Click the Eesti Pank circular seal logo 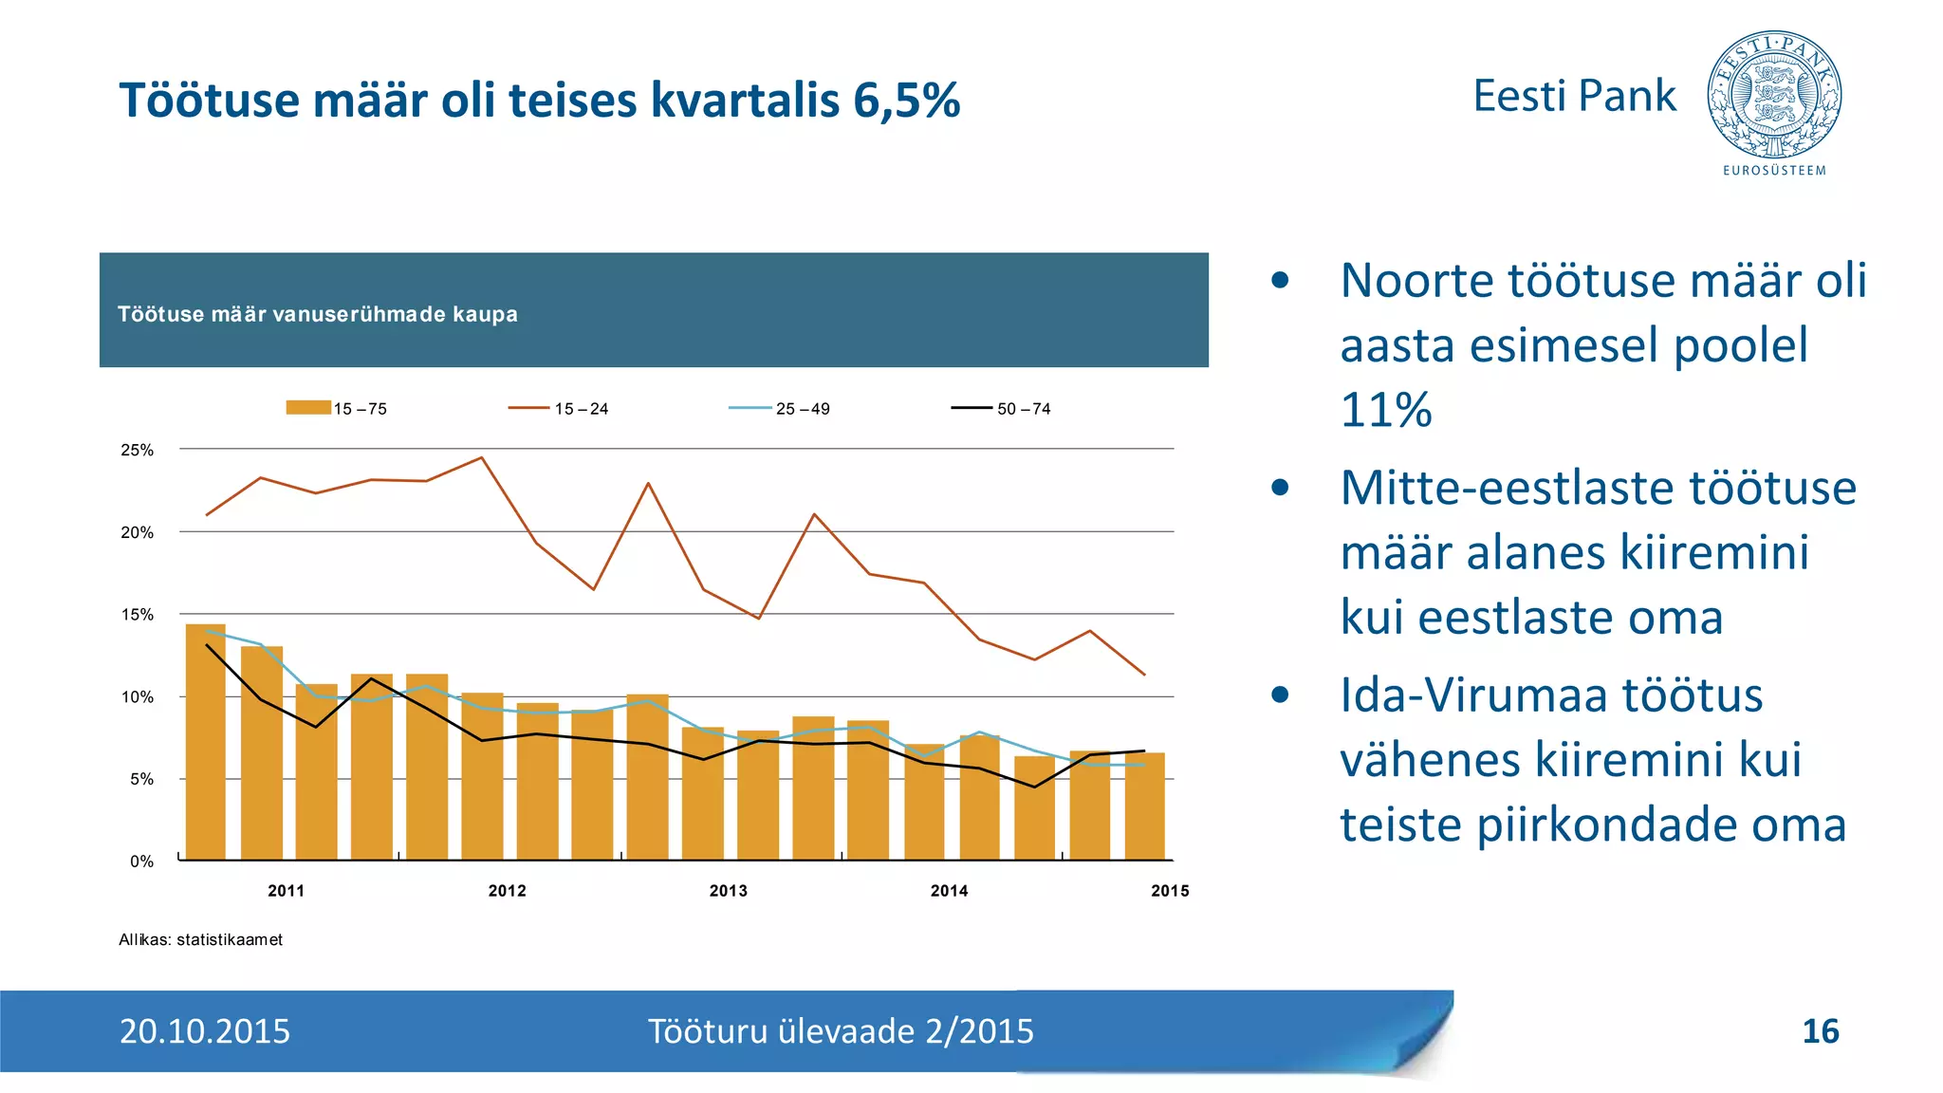coord(1773,95)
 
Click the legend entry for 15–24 coord(559,409)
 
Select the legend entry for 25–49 coord(780,409)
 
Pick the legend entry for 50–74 coord(1001,409)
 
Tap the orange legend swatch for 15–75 coord(308,408)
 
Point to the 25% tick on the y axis coord(138,450)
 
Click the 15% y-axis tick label coord(138,615)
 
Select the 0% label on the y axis coord(141,861)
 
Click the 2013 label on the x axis coord(728,891)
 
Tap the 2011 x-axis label coord(286,891)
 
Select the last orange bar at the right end coord(1144,806)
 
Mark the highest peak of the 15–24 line coord(481,458)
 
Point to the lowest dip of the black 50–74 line coord(1034,787)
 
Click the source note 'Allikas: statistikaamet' coord(200,939)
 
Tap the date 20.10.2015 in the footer coord(205,1031)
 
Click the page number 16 coord(1820,1031)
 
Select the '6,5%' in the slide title coord(906,101)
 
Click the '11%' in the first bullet coord(1386,410)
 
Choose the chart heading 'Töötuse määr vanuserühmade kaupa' coord(318,314)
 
